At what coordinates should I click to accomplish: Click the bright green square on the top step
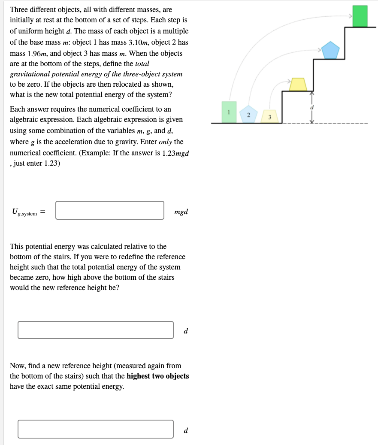tap(360, 16)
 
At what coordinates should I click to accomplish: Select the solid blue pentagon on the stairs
tap(330, 50)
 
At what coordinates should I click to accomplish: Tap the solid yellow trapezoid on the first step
tap(298, 85)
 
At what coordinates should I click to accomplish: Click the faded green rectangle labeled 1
tap(229, 112)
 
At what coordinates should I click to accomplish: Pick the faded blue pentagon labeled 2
tap(248, 114)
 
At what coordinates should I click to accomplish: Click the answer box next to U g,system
tap(110, 210)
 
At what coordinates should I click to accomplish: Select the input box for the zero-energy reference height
tap(96, 330)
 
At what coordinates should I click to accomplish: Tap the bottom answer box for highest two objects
tap(96, 429)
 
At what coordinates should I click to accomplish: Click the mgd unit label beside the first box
tap(181, 212)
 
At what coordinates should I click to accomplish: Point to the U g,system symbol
tap(24, 212)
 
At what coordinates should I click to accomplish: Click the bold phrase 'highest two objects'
tap(157, 376)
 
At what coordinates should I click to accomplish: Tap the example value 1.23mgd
tap(175, 153)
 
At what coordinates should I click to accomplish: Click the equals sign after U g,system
tap(44, 212)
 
